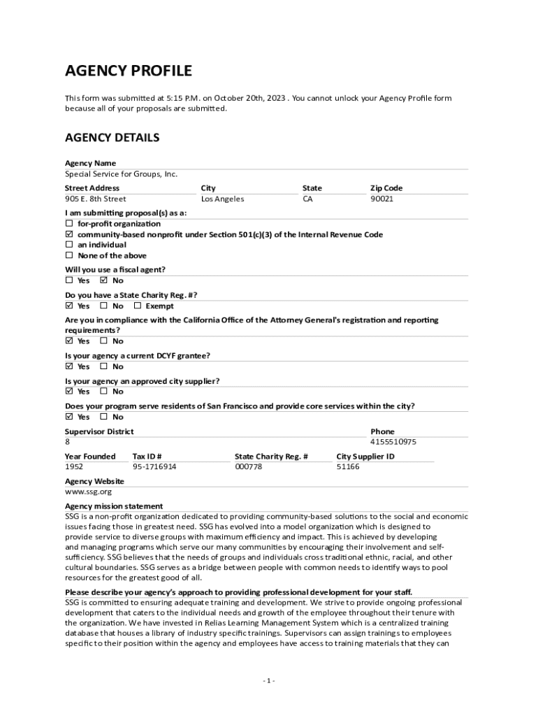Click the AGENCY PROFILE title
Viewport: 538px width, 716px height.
click(x=128, y=71)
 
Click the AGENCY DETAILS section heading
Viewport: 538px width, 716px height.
click(x=112, y=138)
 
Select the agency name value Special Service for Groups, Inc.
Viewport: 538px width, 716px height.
click(x=121, y=174)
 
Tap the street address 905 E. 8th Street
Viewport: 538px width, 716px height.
click(x=96, y=199)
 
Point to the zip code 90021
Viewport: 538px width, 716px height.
click(x=381, y=199)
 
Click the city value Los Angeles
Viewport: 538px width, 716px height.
click(x=222, y=199)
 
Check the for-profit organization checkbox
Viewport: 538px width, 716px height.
click(x=69, y=224)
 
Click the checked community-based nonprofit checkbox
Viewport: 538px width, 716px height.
click(x=69, y=235)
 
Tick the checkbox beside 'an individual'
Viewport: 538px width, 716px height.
click(x=69, y=245)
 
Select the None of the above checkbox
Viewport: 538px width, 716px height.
click(x=69, y=256)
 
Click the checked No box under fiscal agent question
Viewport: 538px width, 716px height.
click(x=104, y=281)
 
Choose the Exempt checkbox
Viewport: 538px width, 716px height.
click(x=138, y=306)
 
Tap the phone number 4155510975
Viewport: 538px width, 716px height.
click(x=393, y=442)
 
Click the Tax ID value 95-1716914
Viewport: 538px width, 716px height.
click(x=154, y=466)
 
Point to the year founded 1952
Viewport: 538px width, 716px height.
click(x=73, y=466)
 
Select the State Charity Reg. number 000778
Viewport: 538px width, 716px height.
click(x=248, y=466)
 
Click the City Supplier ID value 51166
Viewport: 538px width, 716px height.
click(x=348, y=466)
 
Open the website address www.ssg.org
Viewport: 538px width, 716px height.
click(x=78, y=492)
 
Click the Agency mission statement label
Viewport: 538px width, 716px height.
click(x=114, y=506)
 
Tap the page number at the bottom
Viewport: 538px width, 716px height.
click(x=269, y=680)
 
